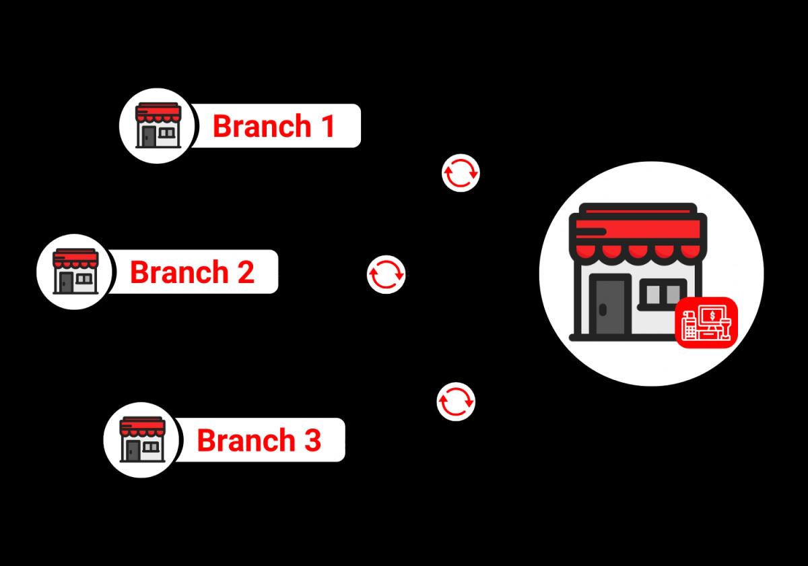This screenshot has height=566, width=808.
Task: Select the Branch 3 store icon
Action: tap(141, 439)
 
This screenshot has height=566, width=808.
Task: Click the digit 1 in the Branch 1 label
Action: tap(327, 126)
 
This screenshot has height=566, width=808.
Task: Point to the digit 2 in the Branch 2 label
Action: tap(244, 272)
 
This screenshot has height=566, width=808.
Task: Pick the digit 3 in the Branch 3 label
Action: tap(310, 440)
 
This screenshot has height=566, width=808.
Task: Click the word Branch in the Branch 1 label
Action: tap(262, 126)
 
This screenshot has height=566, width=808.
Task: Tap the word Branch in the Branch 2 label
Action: tap(179, 272)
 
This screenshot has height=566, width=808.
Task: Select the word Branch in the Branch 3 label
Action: tap(246, 440)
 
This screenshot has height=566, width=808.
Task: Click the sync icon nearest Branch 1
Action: tap(461, 172)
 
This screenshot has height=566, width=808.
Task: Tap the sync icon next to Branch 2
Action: tap(386, 274)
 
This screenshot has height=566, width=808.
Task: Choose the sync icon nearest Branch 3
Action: tap(456, 402)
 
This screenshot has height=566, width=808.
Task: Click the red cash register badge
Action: tap(706, 323)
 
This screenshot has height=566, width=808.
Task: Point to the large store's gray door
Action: tap(610, 307)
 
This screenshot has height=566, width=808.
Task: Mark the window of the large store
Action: tap(663, 294)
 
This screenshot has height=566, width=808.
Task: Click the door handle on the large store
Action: tap(602, 310)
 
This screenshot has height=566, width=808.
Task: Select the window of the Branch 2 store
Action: tap(84, 278)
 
